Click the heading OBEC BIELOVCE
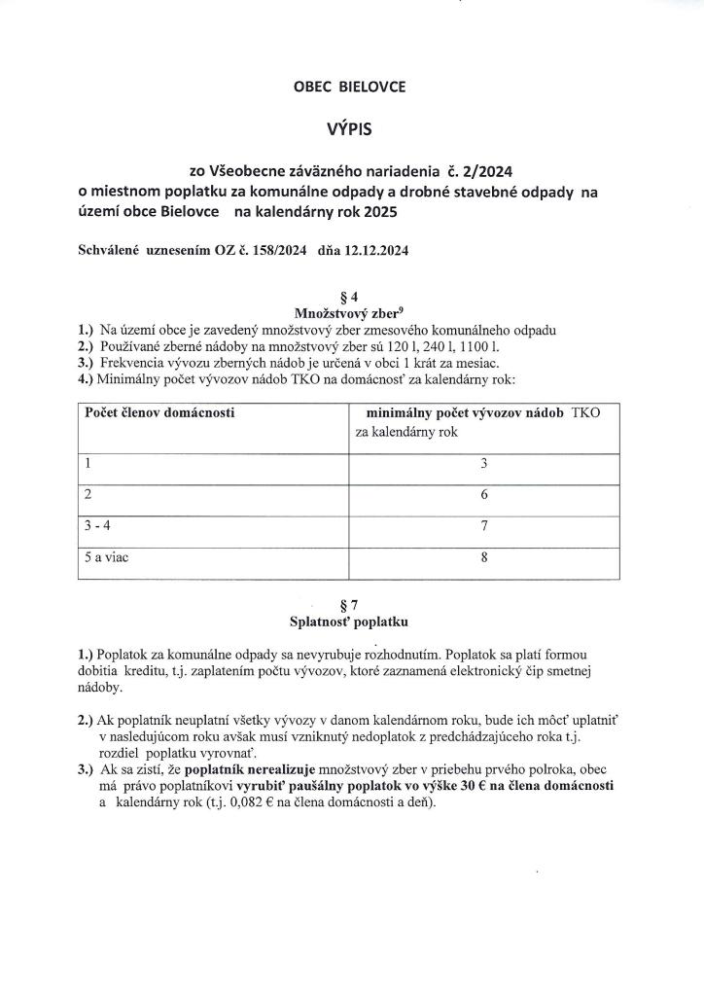coord(349,87)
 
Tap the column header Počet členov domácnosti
coord(159,412)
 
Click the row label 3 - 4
coord(99,526)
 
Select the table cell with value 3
coord(483,464)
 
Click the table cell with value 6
coord(483,495)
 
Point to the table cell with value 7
coord(483,526)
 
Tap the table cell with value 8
coord(483,558)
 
